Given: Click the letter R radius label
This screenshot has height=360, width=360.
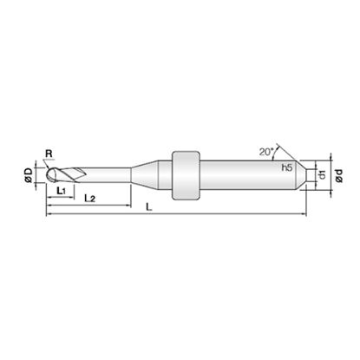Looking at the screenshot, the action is point(49,154).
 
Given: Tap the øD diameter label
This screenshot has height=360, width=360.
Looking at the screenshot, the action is point(29,175).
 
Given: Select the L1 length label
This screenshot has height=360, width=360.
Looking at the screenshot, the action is point(62,191).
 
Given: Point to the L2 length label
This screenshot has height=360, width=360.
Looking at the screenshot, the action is point(89,199).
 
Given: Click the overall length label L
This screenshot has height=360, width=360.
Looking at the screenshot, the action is point(149,206).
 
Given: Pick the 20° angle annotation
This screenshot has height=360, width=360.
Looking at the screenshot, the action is point(266,152).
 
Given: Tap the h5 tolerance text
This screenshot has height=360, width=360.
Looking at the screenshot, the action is point(287,167).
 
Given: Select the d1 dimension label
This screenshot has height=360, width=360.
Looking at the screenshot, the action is point(322,175).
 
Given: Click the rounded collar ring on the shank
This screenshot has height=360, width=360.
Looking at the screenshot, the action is point(186,175).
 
